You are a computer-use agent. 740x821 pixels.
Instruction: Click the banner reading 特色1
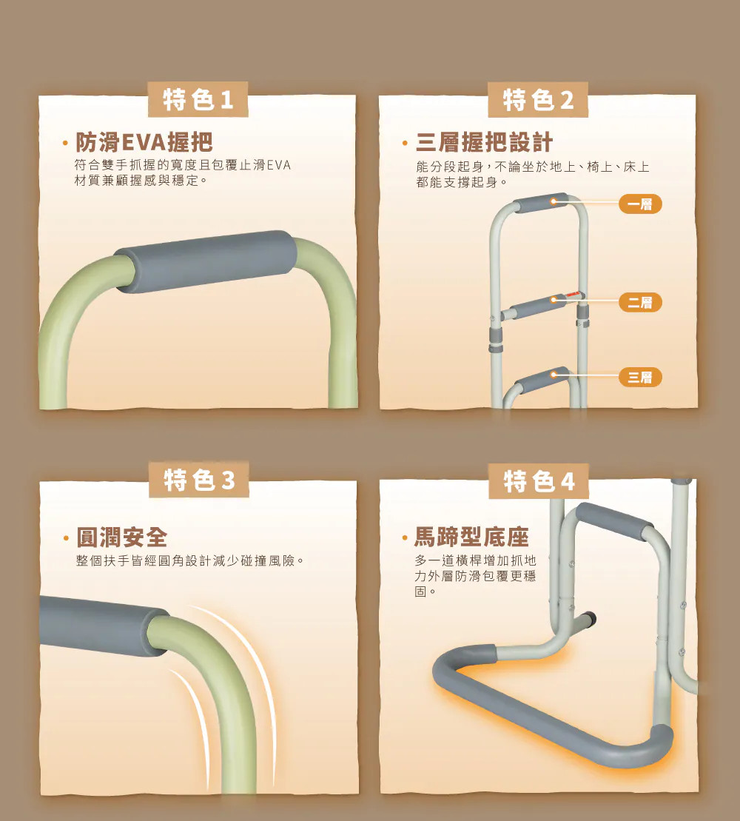pyautogui.click(x=198, y=99)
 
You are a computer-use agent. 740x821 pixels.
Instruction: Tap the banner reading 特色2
pyautogui.click(x=538, y=99)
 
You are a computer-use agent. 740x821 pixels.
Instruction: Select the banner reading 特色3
pyautogui.click(x=199, y=479)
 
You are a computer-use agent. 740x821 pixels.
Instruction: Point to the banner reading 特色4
pyautogui.click(x=539, y=480)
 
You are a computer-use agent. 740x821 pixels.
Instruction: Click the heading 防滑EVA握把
pyautogui.click(x=144, y=142)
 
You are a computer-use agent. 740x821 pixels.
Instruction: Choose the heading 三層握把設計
pyautogui.click(x=484, y=142)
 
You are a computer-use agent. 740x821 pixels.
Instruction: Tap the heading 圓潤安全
pyautogui.click(x=122, y=537)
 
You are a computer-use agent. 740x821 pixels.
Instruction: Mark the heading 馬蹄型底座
pyautogui.click(x=471, y=537)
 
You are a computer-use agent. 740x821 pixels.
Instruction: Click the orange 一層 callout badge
pyautogui.click(x=640, y=204)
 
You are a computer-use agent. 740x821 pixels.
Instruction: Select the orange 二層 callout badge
pyautogui.click(x=640, y=302)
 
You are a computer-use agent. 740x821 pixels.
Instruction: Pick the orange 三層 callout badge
pyautogui.click(x=640, y=377)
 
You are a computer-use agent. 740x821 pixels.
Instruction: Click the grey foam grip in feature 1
pyautogui.click(x=206, y=261)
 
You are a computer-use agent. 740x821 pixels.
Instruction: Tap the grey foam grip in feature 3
pyautogui.click(x=104, y=624)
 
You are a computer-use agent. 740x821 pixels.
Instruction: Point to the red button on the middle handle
pyautogui.click(x=574, y=296)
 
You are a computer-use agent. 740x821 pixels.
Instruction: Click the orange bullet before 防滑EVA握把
pyautogui.click(x=65, y=143)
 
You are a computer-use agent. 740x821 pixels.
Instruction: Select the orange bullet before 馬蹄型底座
pyautogui.click(x=405, y=537)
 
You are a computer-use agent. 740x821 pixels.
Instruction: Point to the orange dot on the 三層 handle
pyautogui.click(x=554, y=375)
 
